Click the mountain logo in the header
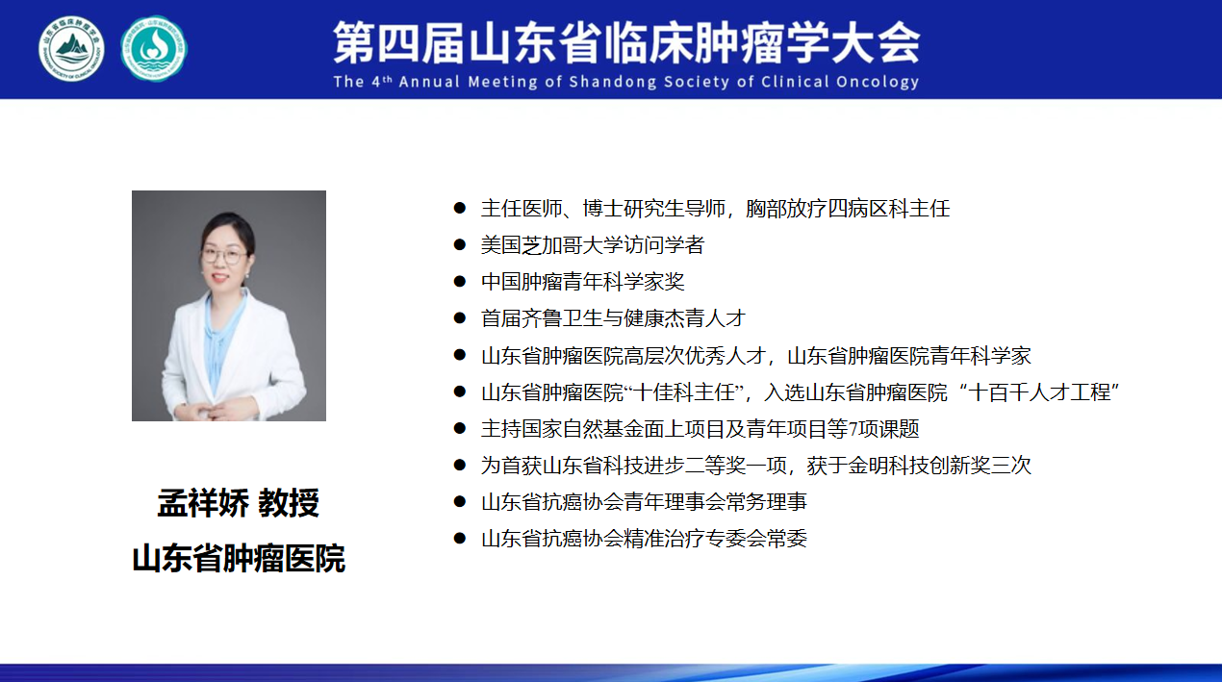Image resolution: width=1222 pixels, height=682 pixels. point(71,49)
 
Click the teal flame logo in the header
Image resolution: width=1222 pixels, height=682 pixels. point(154,49)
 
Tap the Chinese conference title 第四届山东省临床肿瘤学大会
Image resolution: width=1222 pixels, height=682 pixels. point(626,42)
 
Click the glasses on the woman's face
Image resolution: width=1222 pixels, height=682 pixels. point(223,255)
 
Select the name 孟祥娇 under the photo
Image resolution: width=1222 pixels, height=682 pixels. point(203,503)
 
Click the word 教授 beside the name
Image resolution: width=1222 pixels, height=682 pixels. point(289,503)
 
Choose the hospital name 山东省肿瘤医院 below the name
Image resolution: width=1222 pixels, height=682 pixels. point(239,558)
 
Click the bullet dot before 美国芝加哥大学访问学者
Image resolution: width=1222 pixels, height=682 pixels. point(459,244)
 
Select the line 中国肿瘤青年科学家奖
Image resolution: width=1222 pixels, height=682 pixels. point(583,281)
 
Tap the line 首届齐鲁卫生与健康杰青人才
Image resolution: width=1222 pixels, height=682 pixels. point(613,317)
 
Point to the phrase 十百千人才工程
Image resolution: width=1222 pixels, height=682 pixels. point(1039,392)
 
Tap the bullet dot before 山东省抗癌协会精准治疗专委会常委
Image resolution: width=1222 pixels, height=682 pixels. point(459,538)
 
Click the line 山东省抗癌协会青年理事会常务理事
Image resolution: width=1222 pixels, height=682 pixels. point(644,501)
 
